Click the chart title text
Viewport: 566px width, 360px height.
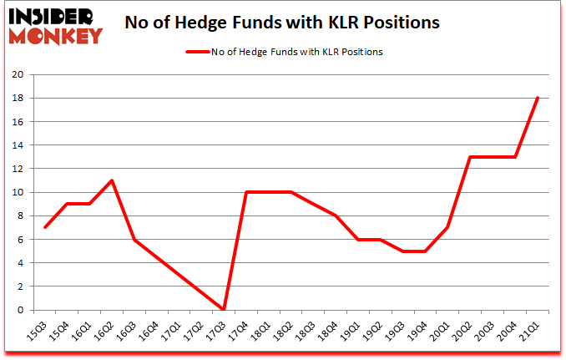281,23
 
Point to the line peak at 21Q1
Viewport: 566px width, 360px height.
538,98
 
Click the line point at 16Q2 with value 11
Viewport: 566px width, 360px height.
113,180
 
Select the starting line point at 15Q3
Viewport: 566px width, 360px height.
45,227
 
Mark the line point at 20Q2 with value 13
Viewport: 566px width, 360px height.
471,157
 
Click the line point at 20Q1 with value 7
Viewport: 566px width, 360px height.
448,227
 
